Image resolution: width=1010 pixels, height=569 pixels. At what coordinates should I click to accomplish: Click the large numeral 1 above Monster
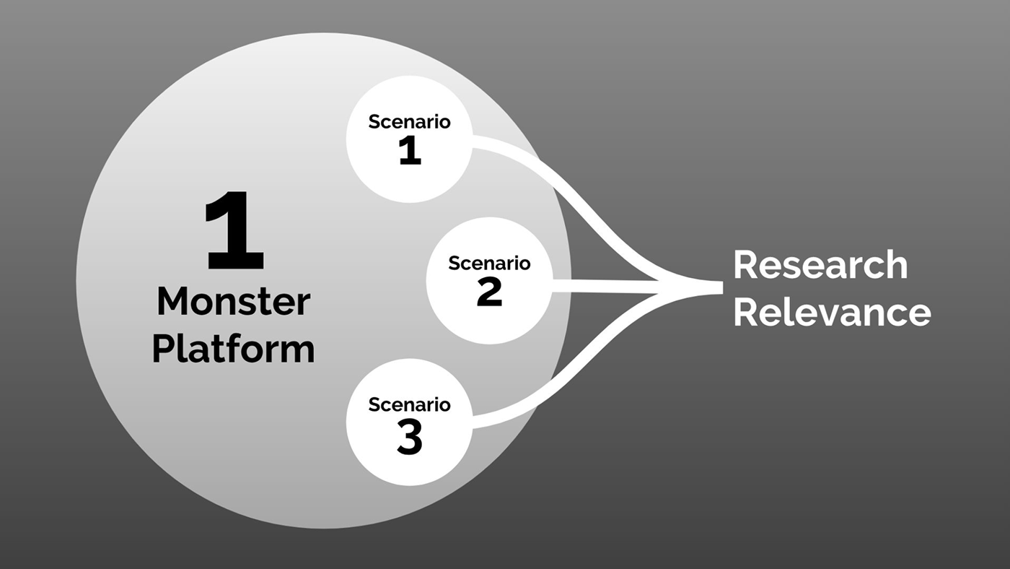[x=234, y=230]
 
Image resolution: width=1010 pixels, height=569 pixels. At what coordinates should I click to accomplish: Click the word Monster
[x=234, y=301]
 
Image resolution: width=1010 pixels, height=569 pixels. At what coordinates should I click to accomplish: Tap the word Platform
[x=234, y=349]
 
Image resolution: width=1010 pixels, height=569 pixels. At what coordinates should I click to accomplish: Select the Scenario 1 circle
[x=410, y=139]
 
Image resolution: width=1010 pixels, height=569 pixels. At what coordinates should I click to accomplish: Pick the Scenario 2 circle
[x=489, y=281]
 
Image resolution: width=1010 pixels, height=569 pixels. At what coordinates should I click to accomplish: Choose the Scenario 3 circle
[x=410, y=422]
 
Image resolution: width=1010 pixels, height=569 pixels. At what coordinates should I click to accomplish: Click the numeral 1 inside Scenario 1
[x=410, y=151]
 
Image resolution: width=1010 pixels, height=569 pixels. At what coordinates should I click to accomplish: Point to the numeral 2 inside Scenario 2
[x=489, y=292]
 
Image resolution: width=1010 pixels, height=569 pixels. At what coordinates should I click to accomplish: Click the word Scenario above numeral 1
[x=410, y=121]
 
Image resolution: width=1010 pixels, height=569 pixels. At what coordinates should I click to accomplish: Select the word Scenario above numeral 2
[x=489, y=263]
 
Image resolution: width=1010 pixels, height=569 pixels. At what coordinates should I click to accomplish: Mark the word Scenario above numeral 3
[x=410, y=405]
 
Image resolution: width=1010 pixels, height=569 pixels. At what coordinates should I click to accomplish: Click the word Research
[x=820, y=265]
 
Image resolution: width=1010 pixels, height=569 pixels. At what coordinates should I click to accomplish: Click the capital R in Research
[x=745, y=265]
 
